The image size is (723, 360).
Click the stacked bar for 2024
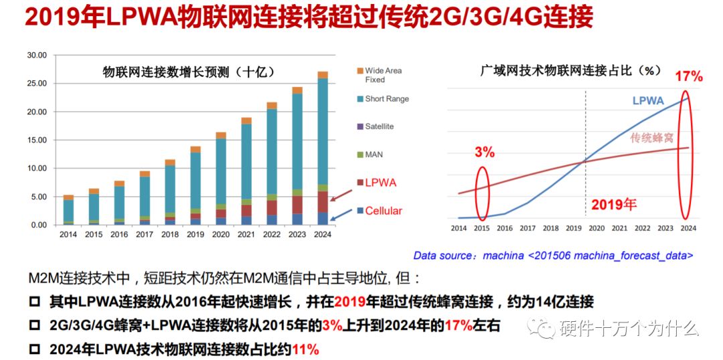[323, 149]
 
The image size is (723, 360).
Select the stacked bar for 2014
[68, 210]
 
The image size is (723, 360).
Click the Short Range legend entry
[386, 99]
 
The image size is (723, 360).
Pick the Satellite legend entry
[379, 126]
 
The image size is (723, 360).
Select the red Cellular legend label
[384, 211]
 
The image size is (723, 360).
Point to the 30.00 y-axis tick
[36, 55]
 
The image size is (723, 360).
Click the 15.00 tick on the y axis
[36, 140]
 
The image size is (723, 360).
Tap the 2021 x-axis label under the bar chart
[246, 234]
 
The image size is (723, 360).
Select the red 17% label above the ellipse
[688, 76]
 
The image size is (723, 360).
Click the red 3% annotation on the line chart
[484, 153]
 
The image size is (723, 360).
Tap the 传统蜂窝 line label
[653, 138]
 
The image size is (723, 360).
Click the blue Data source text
[553, 255]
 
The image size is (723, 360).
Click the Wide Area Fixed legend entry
[383, 75]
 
